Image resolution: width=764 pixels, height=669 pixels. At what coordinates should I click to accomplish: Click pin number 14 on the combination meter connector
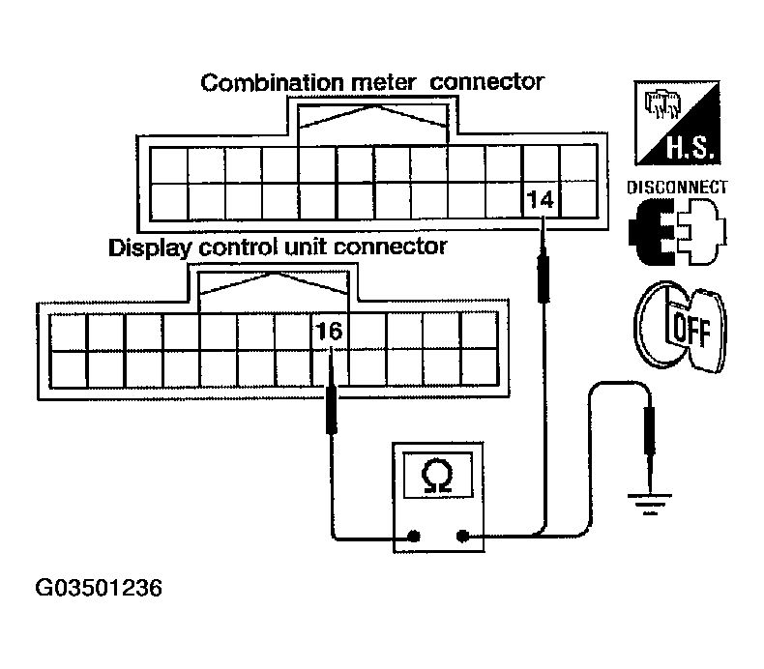click(x=540, y=201)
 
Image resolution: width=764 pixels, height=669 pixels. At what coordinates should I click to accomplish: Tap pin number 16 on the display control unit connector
click(x=330, y=333)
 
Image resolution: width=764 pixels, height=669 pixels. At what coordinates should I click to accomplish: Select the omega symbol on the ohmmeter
click(x=437, y=476)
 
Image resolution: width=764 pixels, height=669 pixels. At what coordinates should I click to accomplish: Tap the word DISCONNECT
click(x=677, y=187)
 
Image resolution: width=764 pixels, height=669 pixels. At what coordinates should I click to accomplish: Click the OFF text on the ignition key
click(x=691, y=328)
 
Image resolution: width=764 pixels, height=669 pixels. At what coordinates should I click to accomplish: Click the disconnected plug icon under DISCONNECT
click(x=676, y=232)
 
